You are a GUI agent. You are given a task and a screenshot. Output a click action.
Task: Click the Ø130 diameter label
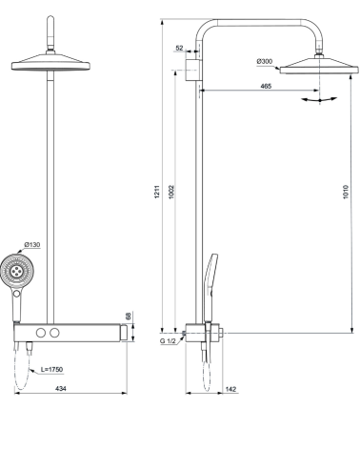(31, 244)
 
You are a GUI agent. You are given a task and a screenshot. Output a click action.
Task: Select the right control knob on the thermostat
(55, 332)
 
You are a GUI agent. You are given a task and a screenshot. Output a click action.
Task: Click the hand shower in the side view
(210, 276)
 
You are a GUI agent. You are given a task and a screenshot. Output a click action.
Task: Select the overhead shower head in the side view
(317, 65)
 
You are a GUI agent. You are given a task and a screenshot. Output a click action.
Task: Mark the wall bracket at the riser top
(192, 68)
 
